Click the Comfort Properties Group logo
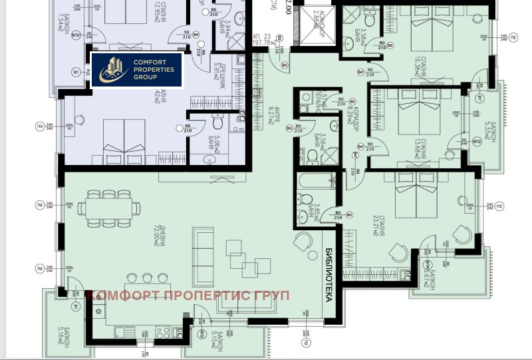point(136,69)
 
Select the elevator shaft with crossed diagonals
point(310,27)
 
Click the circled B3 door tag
point(284,65)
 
